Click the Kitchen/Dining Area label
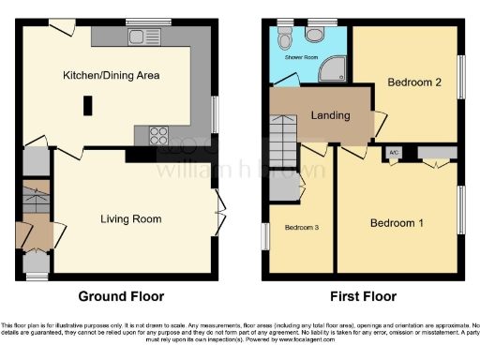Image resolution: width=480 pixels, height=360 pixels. [111, 75]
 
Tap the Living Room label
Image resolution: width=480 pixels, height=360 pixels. [131, 219]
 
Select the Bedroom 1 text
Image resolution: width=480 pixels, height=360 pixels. [397, 223]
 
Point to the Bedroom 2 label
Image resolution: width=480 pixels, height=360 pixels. [414, 82]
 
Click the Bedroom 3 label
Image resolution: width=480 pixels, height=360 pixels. [302, 228]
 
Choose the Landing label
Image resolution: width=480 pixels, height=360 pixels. [330, 116]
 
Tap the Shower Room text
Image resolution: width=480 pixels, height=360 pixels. [301, 56]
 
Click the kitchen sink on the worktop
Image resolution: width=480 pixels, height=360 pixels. [143, 37]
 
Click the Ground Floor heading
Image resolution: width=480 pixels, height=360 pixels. [117, 296]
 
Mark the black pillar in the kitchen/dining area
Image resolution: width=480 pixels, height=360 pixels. [87, 106]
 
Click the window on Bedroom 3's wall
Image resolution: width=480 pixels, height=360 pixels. [264, 236]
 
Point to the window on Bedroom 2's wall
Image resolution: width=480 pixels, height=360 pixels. [461, 75]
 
